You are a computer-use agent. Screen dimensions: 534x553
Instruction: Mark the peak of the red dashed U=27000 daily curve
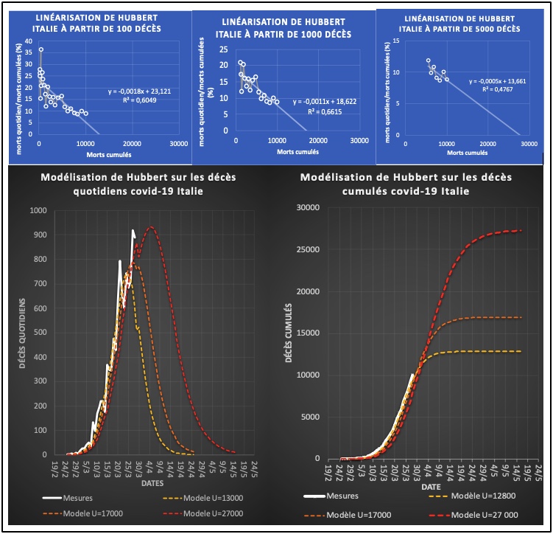click(x=151, y=227)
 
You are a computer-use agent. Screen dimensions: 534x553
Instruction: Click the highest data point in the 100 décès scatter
click(x=41, y=49)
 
